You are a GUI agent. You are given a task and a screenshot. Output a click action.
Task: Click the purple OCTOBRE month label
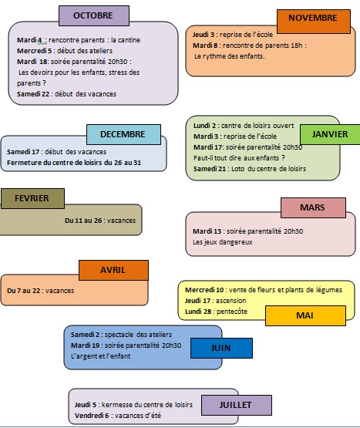(94, 15)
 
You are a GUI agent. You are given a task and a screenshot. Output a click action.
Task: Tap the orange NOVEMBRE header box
(314, 22)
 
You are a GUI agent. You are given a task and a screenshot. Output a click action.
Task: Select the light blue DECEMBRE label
(123, 134)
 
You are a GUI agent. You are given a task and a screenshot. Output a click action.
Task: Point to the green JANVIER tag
(330, 134)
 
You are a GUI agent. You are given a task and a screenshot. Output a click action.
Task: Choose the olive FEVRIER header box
(32, 198)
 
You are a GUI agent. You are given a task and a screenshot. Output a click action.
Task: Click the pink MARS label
(313, 207)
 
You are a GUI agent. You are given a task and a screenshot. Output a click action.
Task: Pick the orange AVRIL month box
(113, 270)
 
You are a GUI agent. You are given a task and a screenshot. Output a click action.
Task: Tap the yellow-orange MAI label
(305, 315)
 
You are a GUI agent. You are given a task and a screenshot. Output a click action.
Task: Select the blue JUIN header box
(221, 348)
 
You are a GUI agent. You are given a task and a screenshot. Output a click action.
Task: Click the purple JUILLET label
(237, 405)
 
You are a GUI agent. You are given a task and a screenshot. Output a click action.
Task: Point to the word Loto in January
(237, 169)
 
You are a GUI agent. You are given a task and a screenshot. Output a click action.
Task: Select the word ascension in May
(231, 301)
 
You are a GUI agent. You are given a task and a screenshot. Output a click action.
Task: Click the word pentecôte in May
(232, 312)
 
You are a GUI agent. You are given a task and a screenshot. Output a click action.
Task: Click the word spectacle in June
(119, 335)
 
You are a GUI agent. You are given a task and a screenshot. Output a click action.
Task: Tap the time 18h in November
(297, 45)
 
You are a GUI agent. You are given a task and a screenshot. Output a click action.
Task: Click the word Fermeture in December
(21, 163)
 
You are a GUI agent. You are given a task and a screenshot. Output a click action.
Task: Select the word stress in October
(117, 72)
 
